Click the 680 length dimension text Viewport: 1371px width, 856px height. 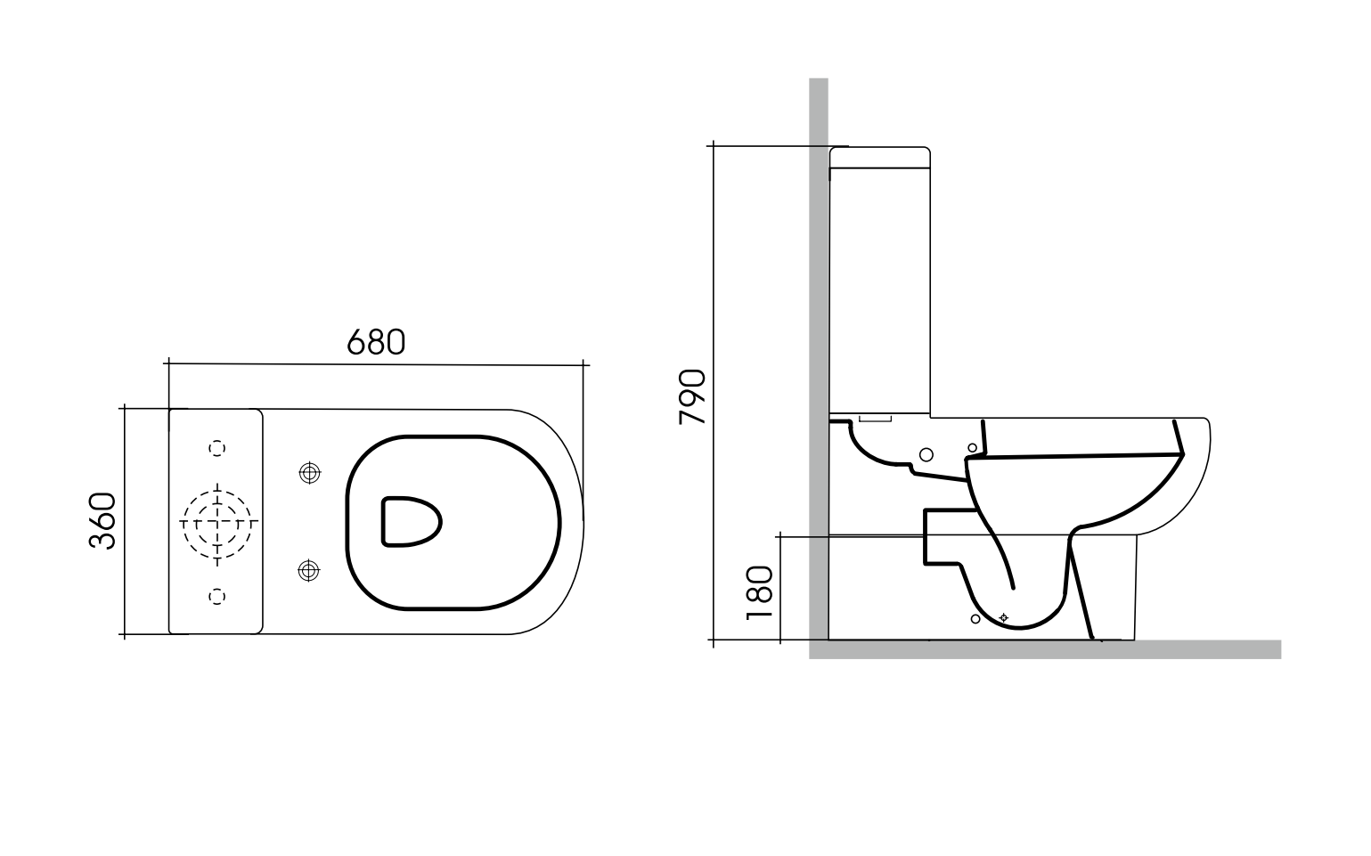375,342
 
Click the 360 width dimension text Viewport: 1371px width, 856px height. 102,520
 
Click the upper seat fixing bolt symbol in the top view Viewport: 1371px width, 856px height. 309,473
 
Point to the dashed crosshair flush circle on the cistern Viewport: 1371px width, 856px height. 217,520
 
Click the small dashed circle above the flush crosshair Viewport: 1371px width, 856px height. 216,448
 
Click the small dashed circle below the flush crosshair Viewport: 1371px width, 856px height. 216,596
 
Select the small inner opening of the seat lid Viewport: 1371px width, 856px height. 411,520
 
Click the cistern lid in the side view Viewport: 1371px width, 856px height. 880,157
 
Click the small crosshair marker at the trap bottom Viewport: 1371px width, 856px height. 1004,616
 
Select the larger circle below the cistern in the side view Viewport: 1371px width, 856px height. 926,454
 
